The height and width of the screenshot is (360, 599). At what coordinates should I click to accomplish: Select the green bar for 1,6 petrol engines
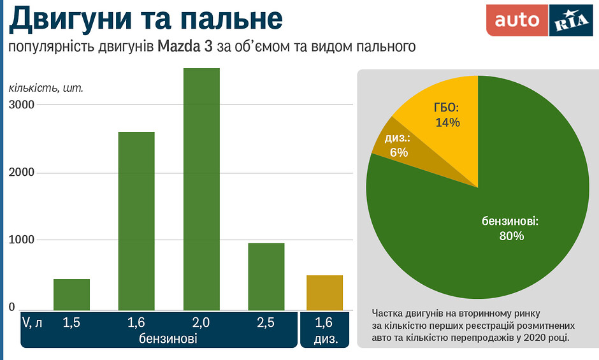[x=136, y=220]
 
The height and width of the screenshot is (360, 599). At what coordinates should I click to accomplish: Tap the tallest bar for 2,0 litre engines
[x=201, y=189]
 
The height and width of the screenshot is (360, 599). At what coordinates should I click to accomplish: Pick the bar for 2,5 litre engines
[x=266, y=277]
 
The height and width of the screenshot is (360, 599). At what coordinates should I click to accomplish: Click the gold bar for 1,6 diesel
[x=324, y=293]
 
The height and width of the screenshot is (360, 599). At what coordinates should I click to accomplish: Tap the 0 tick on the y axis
[x=11, y=308]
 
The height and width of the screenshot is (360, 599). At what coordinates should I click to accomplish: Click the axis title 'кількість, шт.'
[x=46, y=88]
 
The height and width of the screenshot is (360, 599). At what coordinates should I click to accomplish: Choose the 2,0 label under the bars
[x=201, y=323]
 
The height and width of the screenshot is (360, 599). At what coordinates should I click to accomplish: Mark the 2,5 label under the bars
[x=266, y=323]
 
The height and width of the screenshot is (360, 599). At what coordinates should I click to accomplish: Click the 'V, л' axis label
[x=32, y=323]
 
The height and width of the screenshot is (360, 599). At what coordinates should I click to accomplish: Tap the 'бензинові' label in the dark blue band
[x=168, y=338]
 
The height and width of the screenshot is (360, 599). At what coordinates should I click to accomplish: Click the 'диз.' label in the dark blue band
[x=325, y=338]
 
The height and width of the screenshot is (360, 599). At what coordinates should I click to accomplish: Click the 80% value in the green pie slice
[x=511, y=236]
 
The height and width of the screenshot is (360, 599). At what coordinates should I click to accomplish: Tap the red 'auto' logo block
[x=517, y=20]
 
